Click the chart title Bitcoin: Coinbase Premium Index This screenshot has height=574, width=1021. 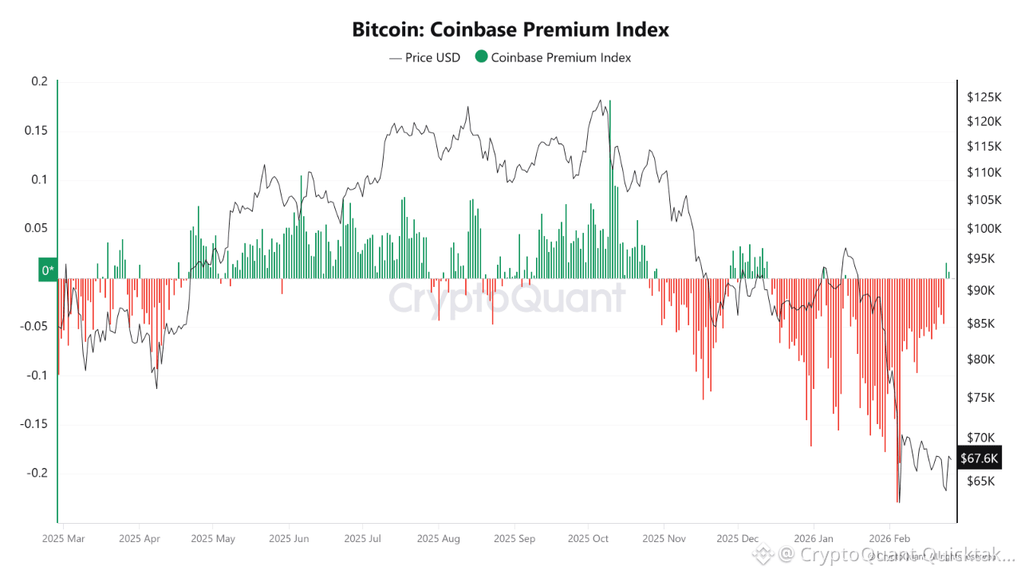[510, 30]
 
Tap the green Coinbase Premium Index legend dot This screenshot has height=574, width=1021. [481, 57]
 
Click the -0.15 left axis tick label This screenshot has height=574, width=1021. [34, 424]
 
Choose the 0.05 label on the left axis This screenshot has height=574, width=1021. [37, 229]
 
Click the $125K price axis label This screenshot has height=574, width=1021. [983, 97]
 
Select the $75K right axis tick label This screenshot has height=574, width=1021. [980, 398]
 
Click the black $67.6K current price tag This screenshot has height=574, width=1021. [979, 458]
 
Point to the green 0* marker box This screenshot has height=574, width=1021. [48, 270]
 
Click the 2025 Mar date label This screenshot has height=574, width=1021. [62, 538]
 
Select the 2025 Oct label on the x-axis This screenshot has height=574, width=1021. [587, 538]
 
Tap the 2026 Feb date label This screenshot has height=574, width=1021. [889, 538]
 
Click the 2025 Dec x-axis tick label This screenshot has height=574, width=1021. [737, 538]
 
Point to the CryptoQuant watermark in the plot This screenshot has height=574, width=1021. [507, 299]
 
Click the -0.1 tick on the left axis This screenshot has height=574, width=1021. [37, 375]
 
